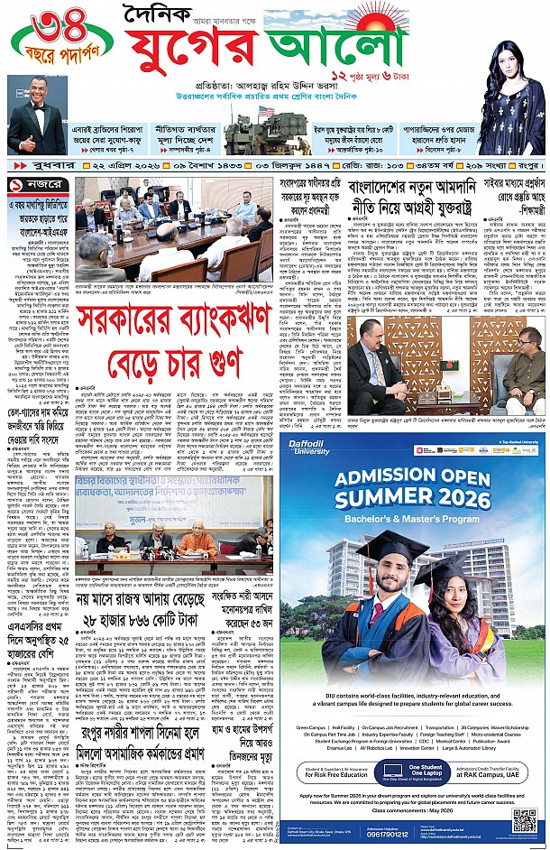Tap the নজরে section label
point(30,184)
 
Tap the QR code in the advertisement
point(524,820)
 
